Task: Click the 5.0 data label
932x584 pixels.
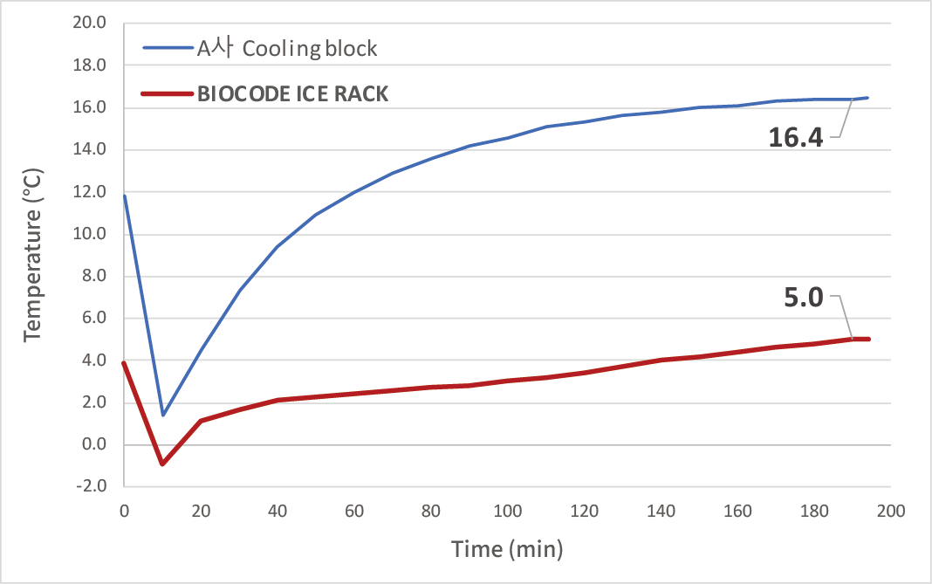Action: click(804, 299)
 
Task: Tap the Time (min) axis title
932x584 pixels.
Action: click(507, 549)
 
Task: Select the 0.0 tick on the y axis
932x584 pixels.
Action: click(91, 445)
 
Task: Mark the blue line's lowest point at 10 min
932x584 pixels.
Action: click(162, 415)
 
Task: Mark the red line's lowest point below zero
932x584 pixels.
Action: click(162, 464)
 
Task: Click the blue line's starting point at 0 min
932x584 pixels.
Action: click(124, 196)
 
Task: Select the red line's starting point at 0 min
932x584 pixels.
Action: click(124, 363)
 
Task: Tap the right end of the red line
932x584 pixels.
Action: click(868, 339)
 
